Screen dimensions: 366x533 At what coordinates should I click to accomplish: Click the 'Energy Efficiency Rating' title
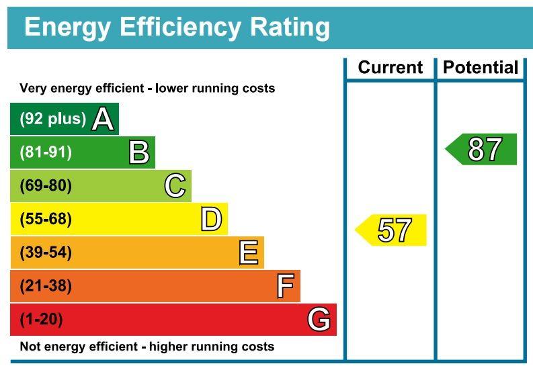tap(177, 28)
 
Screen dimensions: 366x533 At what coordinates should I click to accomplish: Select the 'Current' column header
tap(390, 68)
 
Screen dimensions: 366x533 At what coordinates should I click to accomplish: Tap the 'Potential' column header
tap(480, 68)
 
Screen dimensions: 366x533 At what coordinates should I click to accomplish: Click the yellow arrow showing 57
tap(392, 230)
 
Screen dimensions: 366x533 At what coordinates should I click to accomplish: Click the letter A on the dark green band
tap(103, 120)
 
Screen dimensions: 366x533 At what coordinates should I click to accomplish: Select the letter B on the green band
tap(139, 152)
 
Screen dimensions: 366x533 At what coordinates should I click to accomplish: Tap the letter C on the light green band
tap(175, 186)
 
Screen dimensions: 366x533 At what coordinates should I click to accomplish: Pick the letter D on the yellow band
tap(211, 220)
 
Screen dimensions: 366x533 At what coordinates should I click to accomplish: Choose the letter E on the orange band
tap(248, 253)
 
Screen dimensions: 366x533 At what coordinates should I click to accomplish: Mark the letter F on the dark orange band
tap(285, 287)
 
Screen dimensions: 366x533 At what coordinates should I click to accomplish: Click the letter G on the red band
tap(319, 320)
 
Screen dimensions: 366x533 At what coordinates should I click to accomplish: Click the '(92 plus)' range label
tap(53, 119)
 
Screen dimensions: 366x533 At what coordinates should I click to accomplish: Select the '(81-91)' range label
tap(46, 152)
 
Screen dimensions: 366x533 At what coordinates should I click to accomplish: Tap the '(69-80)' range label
tap(46, 186)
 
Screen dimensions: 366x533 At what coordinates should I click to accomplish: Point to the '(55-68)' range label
tap(46, 220)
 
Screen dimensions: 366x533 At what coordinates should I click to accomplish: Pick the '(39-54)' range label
tap(46, 253)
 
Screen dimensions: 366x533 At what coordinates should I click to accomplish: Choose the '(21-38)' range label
tap(46, 287)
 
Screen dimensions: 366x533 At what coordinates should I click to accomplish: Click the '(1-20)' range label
tap(42, 320)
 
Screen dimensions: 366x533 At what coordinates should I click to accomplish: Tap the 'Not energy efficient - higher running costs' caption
tap(147, 347)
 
